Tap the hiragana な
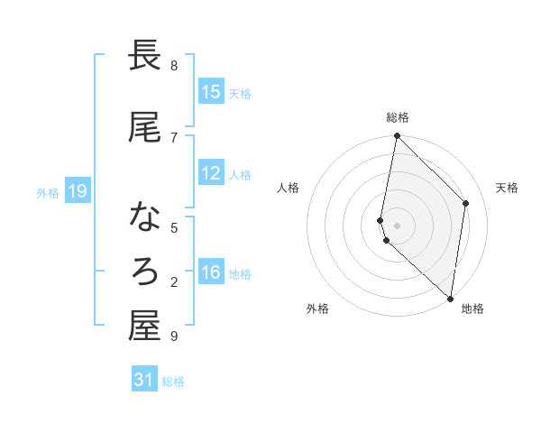point(145,217)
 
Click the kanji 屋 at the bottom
point(145,326)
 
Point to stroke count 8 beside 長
point(174,65)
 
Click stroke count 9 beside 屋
point(174,336)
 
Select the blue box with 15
point(211,92)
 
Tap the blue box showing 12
point(211,174)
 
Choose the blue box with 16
point(211,273)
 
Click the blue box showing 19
point(77,191)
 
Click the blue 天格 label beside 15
point(240,93)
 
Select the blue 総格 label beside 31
point(173,382)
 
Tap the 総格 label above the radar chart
point(398,117)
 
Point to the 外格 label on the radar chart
point(317,309)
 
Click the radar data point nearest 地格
point(450,298)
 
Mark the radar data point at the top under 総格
point(397,136)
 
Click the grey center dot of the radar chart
point(397,225)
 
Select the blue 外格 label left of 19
point(47,192)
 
